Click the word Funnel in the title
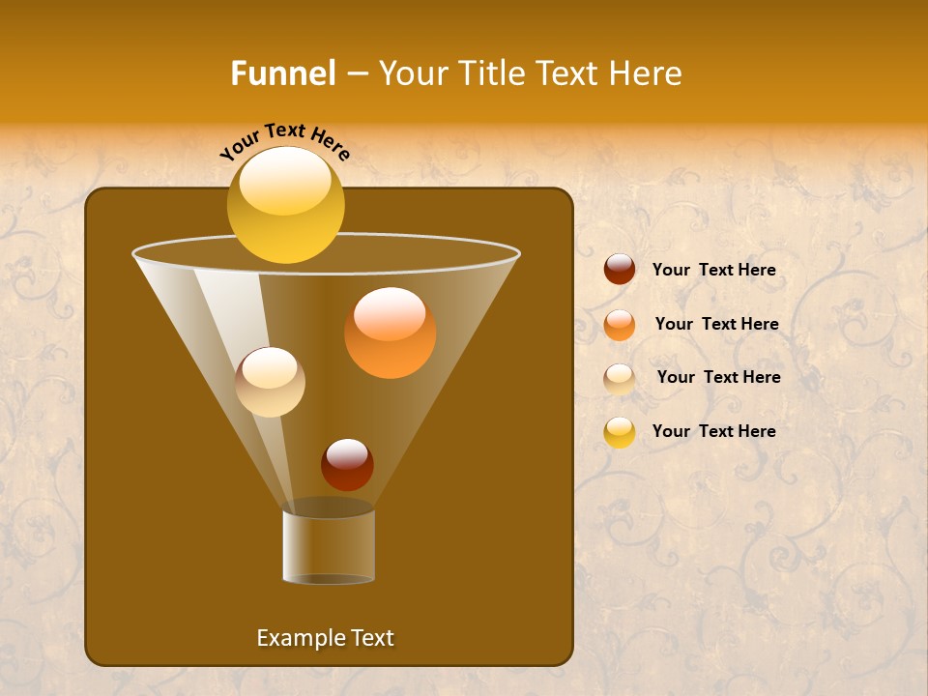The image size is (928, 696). pyautogui.click(x=283, y=73)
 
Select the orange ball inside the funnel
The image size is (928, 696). pyautogui.click(x=390, y=333)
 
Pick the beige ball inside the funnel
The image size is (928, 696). pyautogui.click(x=270, y=383)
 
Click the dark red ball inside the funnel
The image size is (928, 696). pyautogui.click(x=347, y=465)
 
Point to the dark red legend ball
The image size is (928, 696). pyautogui.click(x=620, y=270)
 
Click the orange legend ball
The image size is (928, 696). pyautogui.click(x=620, y=324)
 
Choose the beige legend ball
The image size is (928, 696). pyautogui.click(x=620, y=378)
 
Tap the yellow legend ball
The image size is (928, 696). pyautogui.click(x=620, y=432)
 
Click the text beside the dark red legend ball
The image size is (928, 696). pyautogui.click(x=713, y=270)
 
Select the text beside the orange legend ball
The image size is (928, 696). pyautogui.click(x=716, y=324)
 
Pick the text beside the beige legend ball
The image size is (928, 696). pyautogui.click(x=718, y=377)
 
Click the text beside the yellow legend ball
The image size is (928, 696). pyautogui.click(x=713, y=431)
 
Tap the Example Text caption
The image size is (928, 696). pyautogui.click(x=325, y=638)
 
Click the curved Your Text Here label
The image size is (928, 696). pyautogui.click(x=285, y=140)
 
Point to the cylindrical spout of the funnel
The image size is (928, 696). pyautogui.click(x=329, y=546)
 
